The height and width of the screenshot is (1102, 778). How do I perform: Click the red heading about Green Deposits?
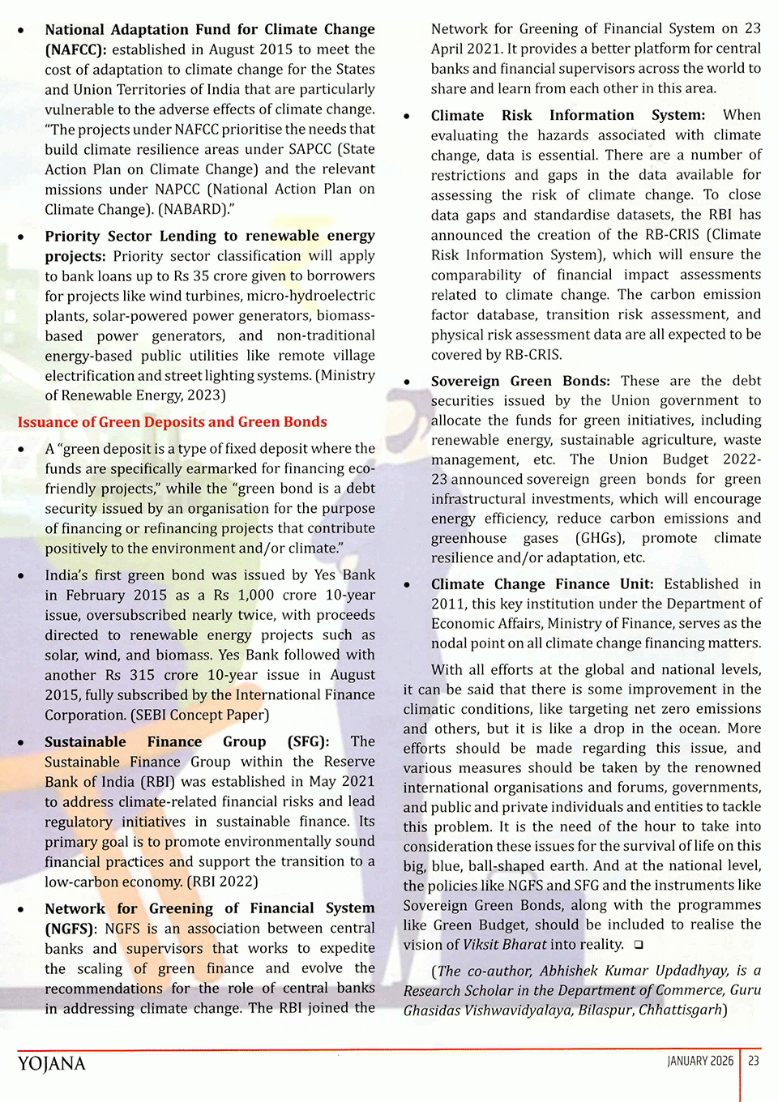click(x=172, y=422)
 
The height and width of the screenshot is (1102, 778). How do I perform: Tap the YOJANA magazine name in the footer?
click(x=51, y=1063)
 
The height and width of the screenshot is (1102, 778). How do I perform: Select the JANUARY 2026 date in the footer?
click(x=700, y=1061)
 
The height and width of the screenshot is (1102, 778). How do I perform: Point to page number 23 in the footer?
click(x=754, y=1061)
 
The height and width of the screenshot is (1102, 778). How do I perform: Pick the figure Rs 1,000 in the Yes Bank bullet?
click(x=244, y=595)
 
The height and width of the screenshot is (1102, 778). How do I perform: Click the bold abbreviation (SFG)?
click(x=308, y=741)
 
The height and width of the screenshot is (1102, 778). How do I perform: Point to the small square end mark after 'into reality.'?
click(x=639, y=945)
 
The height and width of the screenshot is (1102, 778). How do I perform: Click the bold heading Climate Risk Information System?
click(x=567, y=115)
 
